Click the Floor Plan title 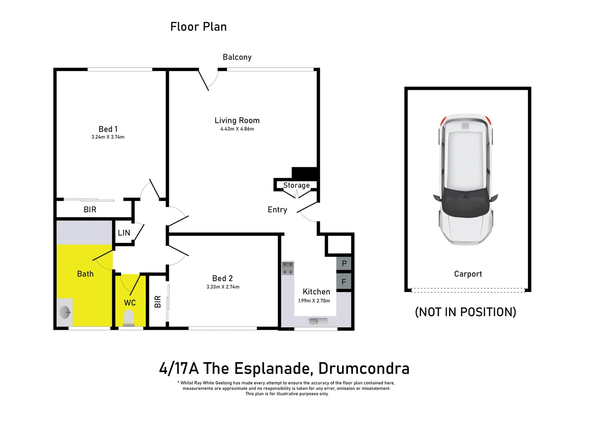pyautogui.click(x=198, y=27)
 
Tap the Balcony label pyautogui.click(x=237, y=57)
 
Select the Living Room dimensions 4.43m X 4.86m pyautogui.click(x=237, y=129)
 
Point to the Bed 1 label pyautogui.click(x=108, y=129)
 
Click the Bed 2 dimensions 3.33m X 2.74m pyautogui.click(x=223, y=287)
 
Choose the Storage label pyautogui.click(x=296, y=185)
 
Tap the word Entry pyautogui.click(x=277, y=210)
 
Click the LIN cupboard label pyautogui.click(x=124, y=233)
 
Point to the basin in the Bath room pyautogui.click(x=65, y=312)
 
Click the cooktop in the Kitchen pyautogui.click(x=288, y=268)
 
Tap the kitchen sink pyautogui.click(x=318, y=321)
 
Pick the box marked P pyautogui.click(x=344, y=263)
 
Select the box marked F pyautogui.click(x=344, y=282)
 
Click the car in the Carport pyautogui.click(x=466, y=179)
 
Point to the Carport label pyautogui.click(x=468, y=274)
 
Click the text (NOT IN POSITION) pyautogui.click(x=465, y=312)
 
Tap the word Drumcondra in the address pyautogui.click(x=363, y=368)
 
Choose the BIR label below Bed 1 pyautogui.click(x=90, y=209)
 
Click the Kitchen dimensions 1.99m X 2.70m pyautogui.click(x=314, y=301)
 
